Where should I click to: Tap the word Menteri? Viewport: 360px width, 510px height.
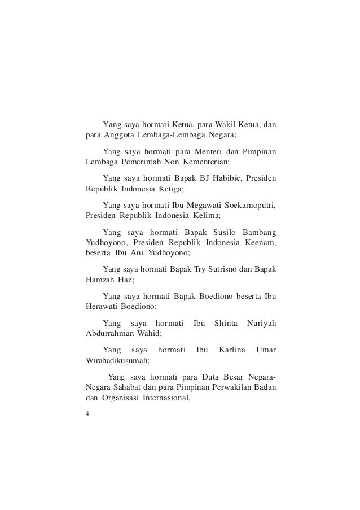(x=202, y=152)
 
